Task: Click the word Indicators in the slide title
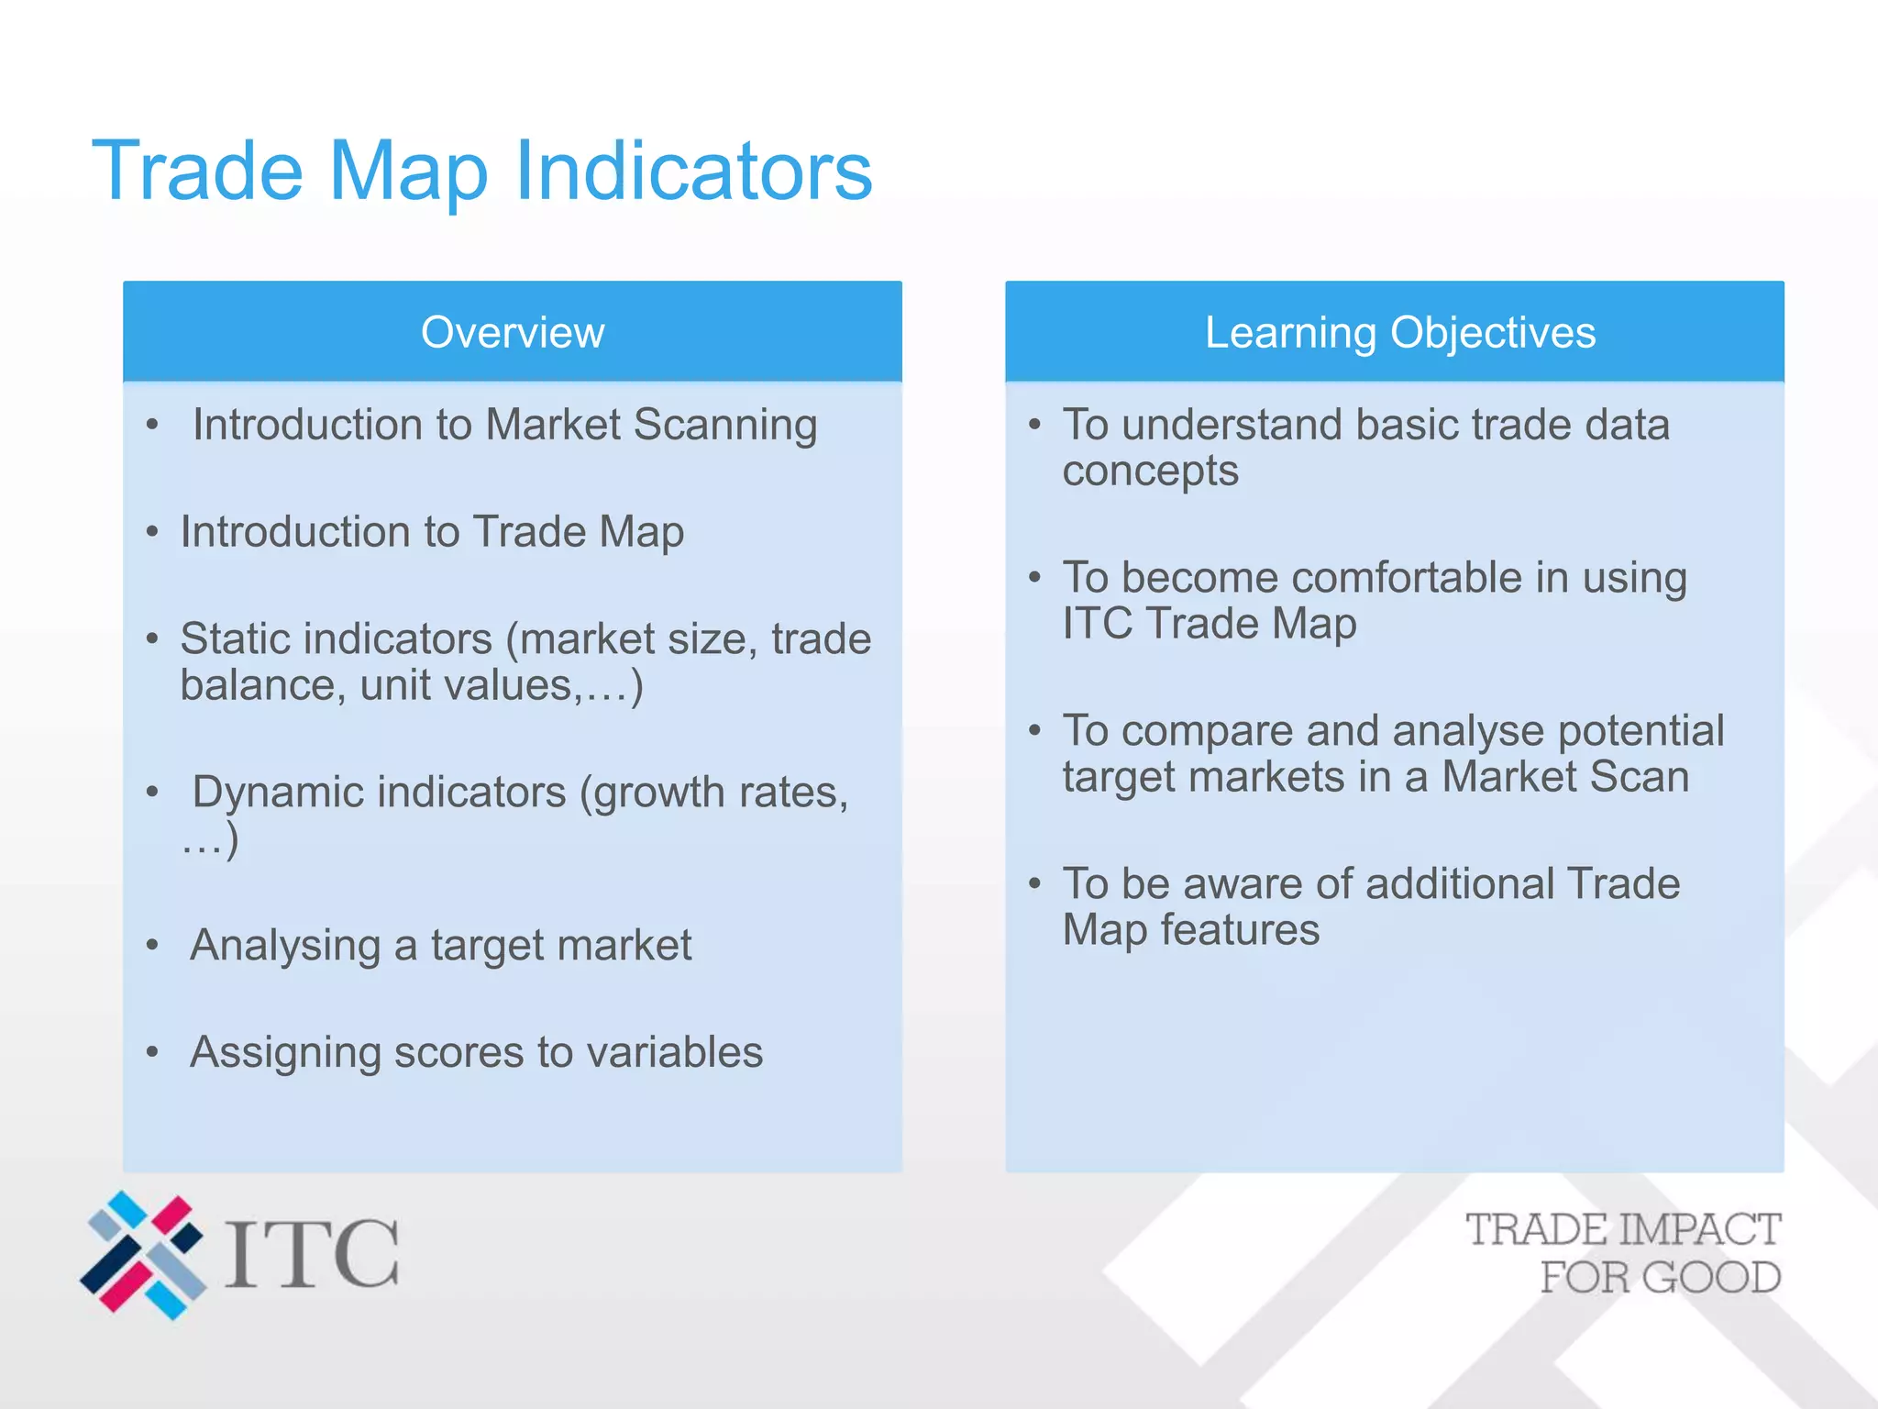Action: pyautogui.click(x=693, y=171)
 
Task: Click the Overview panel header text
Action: pyautogui.click(x=513, y=332)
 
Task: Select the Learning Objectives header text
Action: pyautogui.click(x=1399, y=332)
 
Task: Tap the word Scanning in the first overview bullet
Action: pyautogui.click(x=724, y=426)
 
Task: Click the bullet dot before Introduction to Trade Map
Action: pyautogui.click(x=152, y=532)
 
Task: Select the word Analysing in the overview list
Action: pyautogui.click(x=284, y=946)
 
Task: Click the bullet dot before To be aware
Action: pyautogui.click(x=1034, y=883)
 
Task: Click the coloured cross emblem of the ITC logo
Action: pyautogui.click(x=143, y=1255)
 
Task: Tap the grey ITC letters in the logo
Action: pyautogui.click(x=312, y=1253)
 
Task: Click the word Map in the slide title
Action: pyautogui.click(x=407, y=171)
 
